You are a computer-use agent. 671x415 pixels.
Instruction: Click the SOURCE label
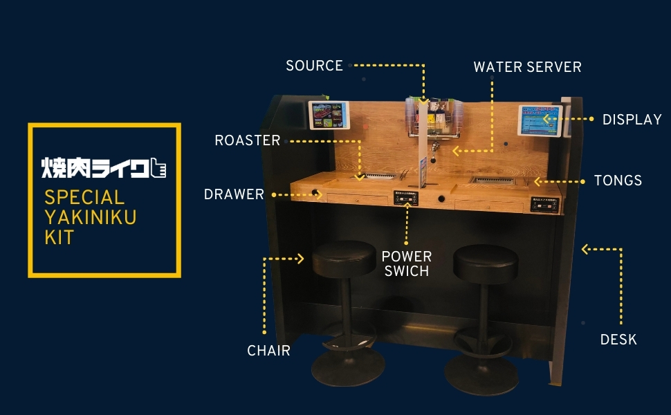(314, 66)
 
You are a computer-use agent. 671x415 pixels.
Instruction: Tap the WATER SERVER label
(527, 67)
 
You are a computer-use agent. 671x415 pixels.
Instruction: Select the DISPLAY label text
(632, 120)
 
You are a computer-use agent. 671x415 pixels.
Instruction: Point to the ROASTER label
(247, 140)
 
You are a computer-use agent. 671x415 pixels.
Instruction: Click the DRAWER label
(234, 194)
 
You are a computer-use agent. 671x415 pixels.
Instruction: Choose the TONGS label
(618, 181)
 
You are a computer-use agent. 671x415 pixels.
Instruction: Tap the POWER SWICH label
(407, 264)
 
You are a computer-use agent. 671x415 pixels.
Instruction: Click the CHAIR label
(268, 351)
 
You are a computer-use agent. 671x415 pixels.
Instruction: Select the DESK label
(618, 340)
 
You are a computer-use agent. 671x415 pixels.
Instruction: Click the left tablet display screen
(329, 115)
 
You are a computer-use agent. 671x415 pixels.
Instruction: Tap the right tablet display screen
(540, 120)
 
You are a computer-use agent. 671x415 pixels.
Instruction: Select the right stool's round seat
(486, 262)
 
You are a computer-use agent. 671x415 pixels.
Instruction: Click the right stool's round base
(481, 374)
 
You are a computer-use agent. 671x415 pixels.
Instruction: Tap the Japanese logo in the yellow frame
(104, 167)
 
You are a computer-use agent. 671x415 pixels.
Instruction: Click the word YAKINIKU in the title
(90, 217)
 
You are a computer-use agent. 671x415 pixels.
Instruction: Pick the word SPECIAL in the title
(84, 197)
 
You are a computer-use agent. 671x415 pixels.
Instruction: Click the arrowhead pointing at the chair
(301, 259)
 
